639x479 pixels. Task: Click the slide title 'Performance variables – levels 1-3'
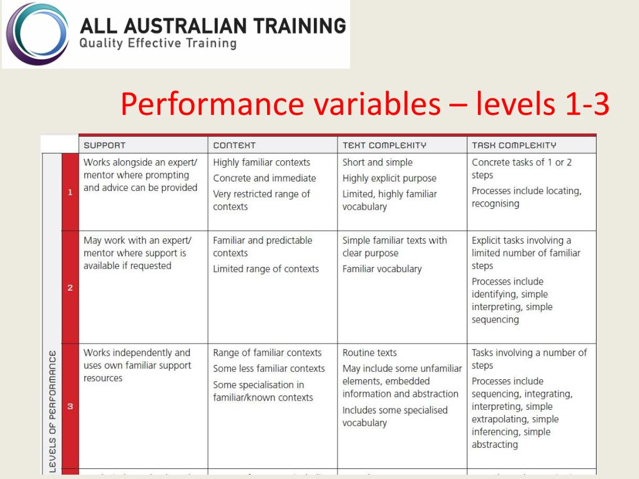[364, 104]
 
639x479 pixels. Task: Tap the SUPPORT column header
[105, 145]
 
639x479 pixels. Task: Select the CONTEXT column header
[235, 145]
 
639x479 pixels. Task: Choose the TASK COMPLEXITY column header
[514, 145]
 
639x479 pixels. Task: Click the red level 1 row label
[70, 192]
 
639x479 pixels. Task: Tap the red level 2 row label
[70, 288]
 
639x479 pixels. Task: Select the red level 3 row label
[70, 406]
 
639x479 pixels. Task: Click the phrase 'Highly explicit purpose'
[389, 178]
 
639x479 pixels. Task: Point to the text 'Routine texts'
[369, 353]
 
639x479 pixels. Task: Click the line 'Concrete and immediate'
[265, 178]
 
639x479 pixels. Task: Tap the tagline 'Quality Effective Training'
[159, 44]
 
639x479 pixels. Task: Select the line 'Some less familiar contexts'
[269, 369]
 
